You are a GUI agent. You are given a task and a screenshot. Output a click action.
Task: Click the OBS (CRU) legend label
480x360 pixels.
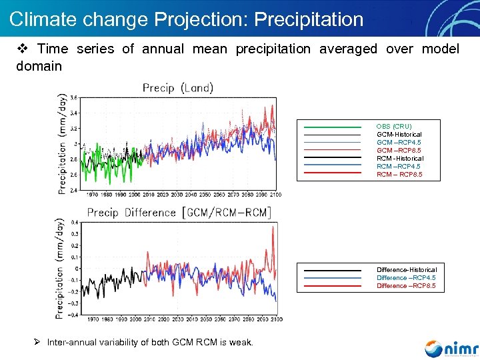[x=394, y=127]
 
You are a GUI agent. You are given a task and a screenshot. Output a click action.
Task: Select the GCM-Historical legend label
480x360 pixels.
[x=399, y=135]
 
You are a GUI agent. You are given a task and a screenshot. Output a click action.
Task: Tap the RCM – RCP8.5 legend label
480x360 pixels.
[x=399, y=175]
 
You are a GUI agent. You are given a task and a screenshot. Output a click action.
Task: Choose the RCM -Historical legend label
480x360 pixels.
[x=400, y=159]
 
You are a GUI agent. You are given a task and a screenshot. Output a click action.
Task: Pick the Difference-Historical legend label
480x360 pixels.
[x=407, y=270]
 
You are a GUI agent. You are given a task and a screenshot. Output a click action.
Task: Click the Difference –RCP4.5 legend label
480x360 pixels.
[x=406, y=278]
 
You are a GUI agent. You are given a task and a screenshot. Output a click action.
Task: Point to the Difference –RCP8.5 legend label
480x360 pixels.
[x=406, y=286]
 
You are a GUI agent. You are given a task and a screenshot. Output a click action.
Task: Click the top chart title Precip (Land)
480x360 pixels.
[x=178, y=87]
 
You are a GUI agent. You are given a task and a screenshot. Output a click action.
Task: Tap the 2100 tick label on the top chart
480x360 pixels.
[x=275, y=194]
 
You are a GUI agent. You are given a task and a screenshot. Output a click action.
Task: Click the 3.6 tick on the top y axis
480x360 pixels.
[x=74, y=97]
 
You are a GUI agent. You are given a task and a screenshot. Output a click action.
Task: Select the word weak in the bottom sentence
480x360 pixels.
[x=241, y=343]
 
